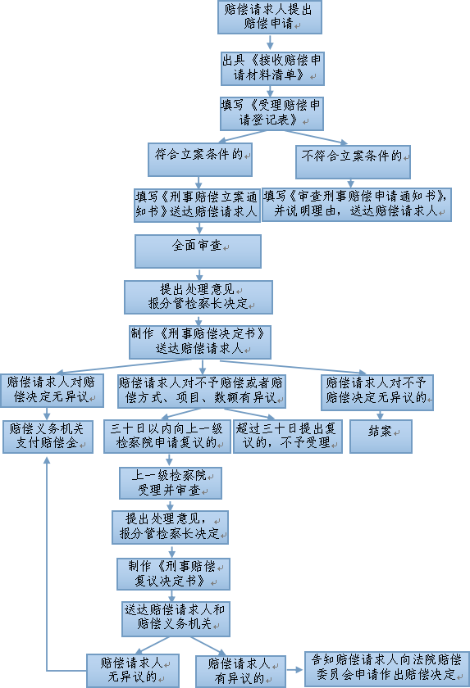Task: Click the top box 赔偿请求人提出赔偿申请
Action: (270, 16)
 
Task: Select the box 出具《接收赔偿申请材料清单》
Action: (272, 69)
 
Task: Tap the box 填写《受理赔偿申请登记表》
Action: (272, 114)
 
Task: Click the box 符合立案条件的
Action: (200, 160)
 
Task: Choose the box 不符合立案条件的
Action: (353, 162)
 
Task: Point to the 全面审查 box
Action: (198, 251)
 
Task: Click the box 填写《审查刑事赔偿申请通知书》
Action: (357, 205)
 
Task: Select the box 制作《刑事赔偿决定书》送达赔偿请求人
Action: (200, 342)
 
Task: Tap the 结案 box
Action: (381, 437)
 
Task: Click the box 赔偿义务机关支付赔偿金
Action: (48, 437)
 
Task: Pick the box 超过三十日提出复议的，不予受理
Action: (288, 437)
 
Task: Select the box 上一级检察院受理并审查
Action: (171, 483)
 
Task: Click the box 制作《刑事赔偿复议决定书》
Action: (174, 574)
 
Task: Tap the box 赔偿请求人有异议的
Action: (240, 672)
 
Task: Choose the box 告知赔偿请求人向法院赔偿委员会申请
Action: (387, 668)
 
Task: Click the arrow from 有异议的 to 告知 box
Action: (295, 670)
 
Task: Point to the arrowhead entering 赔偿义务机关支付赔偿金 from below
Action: (47, 459)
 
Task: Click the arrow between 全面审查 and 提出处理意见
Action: (199, 274)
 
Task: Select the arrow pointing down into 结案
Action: (380, 415)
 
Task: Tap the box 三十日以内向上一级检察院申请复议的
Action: (167, 437)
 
